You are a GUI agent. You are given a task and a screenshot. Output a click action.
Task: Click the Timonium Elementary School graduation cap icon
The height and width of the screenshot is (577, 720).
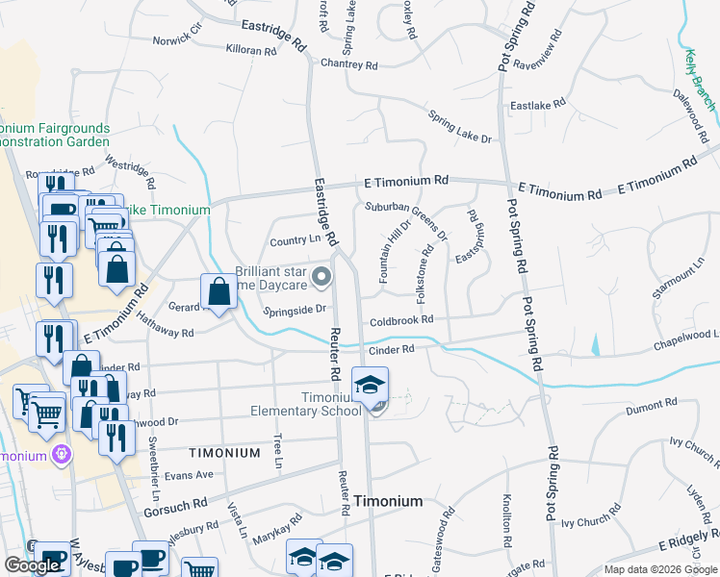click(x=370, y=386)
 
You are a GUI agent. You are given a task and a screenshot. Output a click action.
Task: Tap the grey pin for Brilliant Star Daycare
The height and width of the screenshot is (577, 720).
click(x=321, y=279)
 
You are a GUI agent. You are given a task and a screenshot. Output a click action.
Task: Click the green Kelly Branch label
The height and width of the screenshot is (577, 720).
click(x=699, y=78)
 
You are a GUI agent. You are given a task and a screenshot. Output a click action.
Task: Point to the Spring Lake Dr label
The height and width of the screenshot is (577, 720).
click(x=460, y=126)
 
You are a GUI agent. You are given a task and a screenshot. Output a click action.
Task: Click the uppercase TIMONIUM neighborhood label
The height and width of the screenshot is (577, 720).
click(x=224, y=452)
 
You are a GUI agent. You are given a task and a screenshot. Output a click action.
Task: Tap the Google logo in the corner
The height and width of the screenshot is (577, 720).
click(x=31, y=565)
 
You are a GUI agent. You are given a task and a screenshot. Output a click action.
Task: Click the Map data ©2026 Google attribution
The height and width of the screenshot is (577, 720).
click(x=659, y=569)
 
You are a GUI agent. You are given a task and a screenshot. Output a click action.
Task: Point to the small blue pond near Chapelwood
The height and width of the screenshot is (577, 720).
click(x=596, y=343)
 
